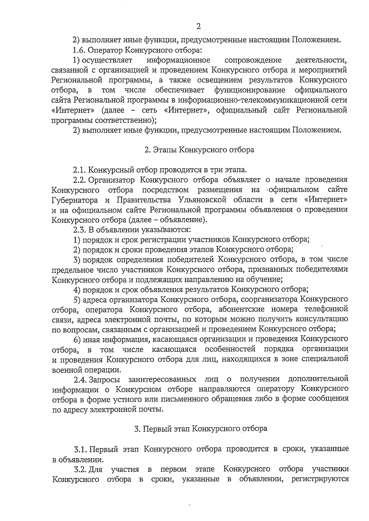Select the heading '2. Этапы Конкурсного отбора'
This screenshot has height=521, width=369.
tap(199, 150)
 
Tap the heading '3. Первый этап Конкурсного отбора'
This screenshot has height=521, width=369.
tap(201, 429)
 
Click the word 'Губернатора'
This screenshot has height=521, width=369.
tap(76, 200)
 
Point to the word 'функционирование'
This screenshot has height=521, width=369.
tap(250, 90)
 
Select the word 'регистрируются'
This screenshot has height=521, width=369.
tap(320, 479)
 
